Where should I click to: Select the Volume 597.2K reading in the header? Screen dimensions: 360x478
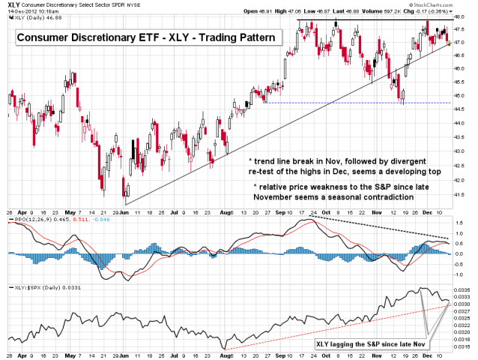click(406, 11)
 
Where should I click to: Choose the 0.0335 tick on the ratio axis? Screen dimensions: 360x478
click(465, 289)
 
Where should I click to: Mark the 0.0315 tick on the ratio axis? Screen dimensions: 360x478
click(465, 346)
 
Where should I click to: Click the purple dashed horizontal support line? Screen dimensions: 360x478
click(337, 103)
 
